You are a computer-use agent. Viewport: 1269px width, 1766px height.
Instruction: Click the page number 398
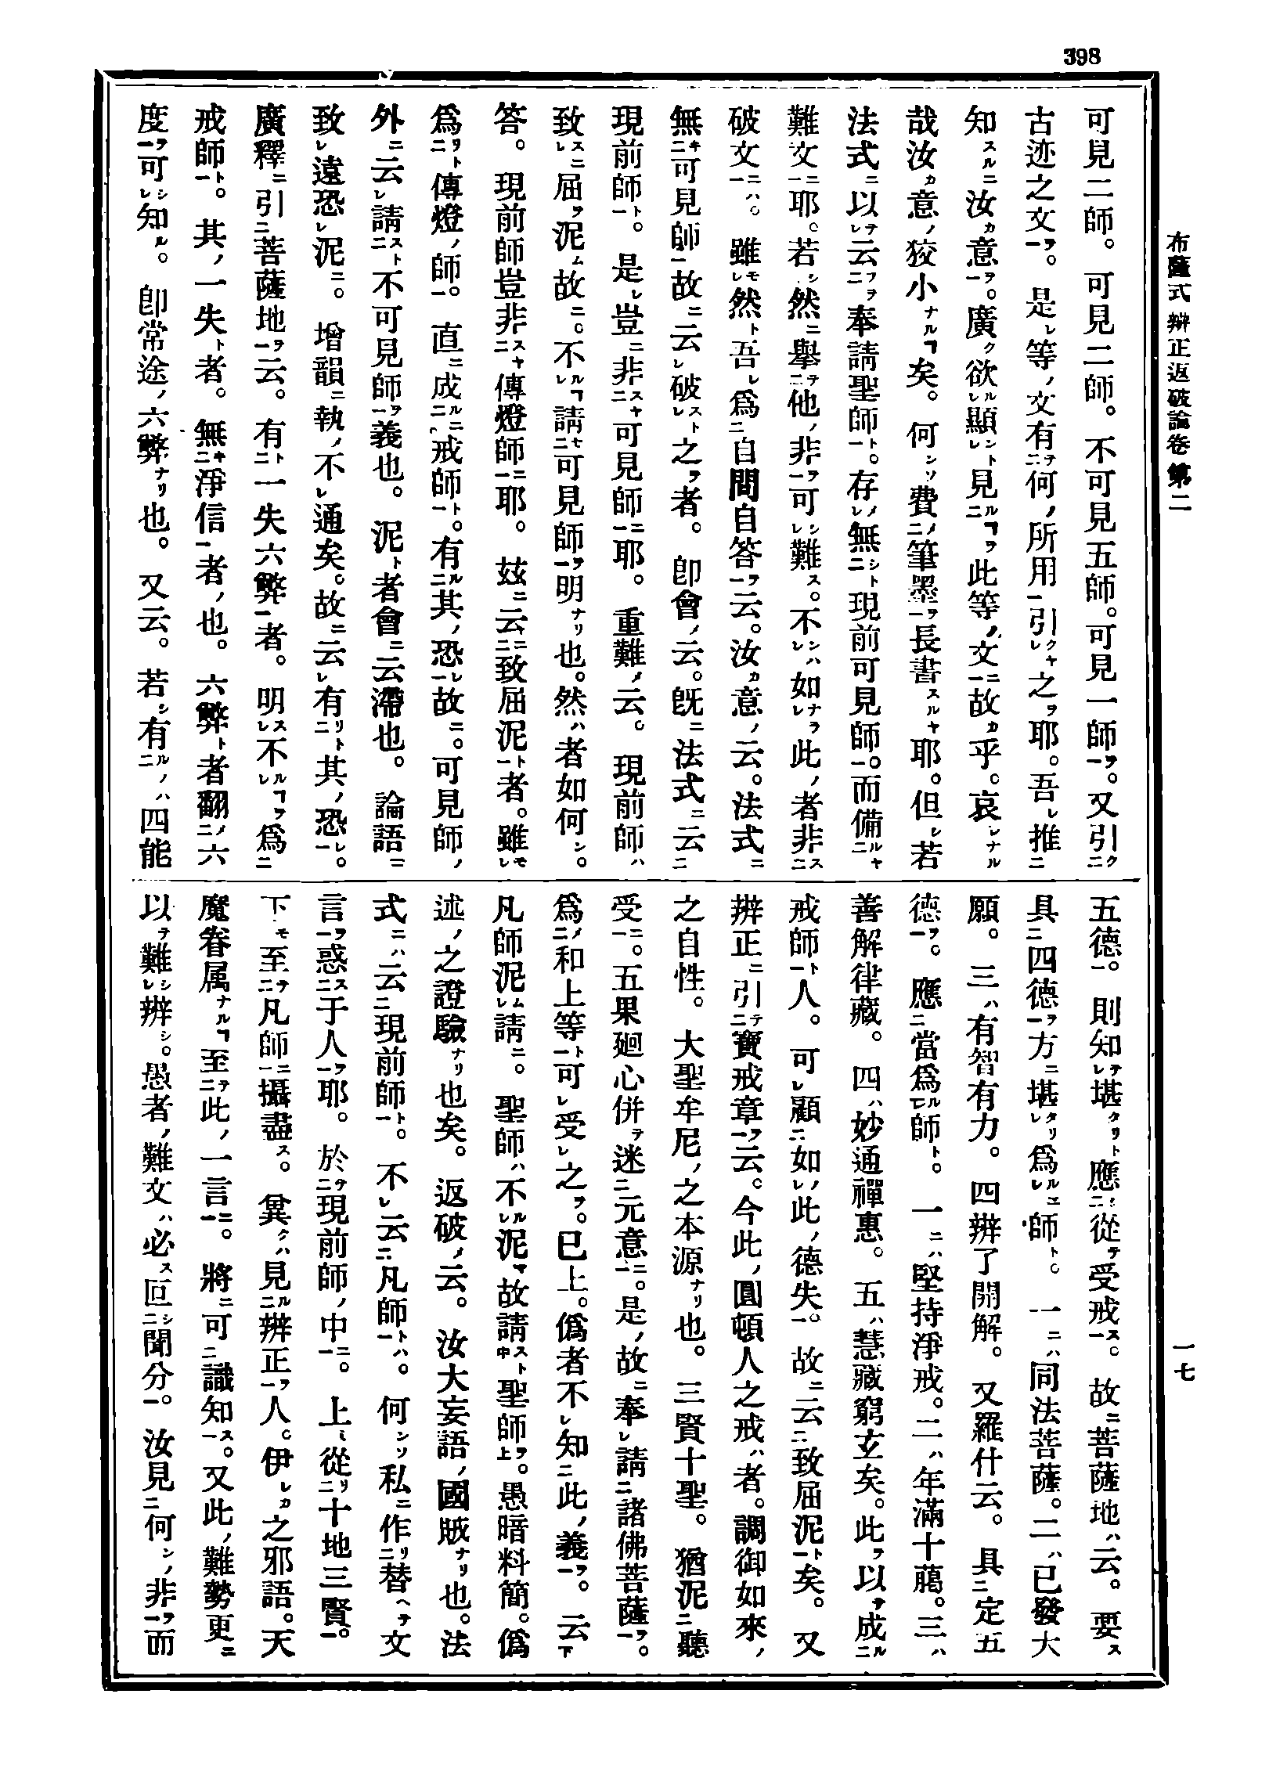[1083, 56]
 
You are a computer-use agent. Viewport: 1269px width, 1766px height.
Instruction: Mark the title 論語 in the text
[389, 821]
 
